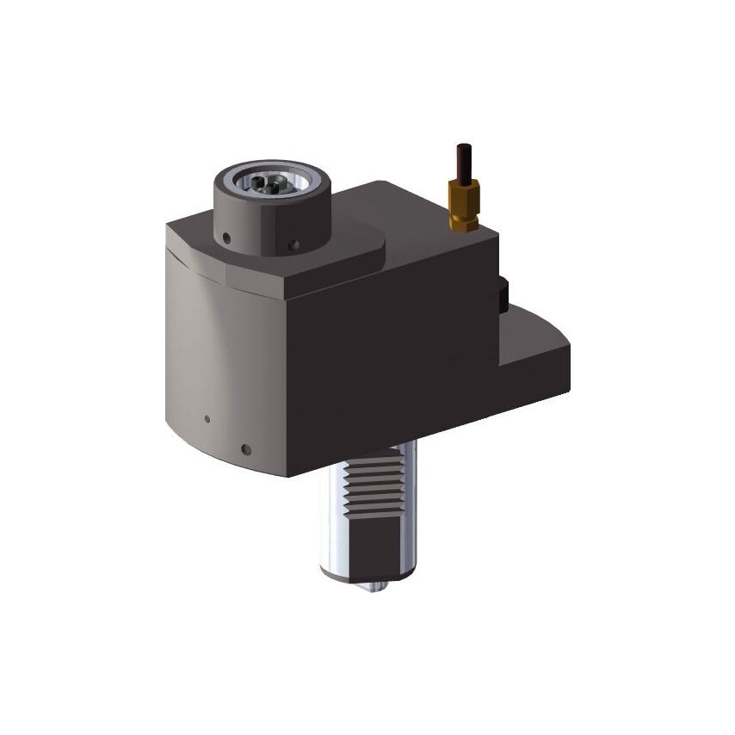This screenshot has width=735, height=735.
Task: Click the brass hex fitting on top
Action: (x=463, y=207)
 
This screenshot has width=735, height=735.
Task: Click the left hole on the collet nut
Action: (x=225, y=238)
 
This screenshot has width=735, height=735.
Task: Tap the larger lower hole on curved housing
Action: (x=246, y=448)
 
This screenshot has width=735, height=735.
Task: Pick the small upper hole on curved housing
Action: (x=207, y=419)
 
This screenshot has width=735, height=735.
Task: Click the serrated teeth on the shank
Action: (x=373, y=491)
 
